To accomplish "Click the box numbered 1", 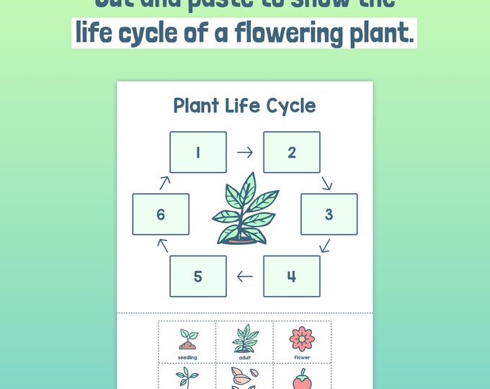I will [x=197, y=152].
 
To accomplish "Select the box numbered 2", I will [x=291, y=152].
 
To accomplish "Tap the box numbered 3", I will [x=329, y=214].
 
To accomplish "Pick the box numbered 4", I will [x=291, y=276].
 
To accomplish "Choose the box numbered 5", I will [x=197, y=276].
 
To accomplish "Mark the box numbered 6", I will [x=160, y=214].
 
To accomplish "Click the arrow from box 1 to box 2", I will [x=245, y=152].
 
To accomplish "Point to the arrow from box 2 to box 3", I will [x=326, y=183].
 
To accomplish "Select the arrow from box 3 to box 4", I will [x=324, y=246].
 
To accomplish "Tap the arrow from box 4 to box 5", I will [x=245, y=276].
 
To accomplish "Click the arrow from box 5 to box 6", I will [x=164, y=245].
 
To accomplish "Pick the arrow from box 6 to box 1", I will [x=164, y=183].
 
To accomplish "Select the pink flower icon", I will [x=302, y=337].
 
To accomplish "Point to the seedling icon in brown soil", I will [x=187, y=339].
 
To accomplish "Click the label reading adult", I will [x=244, y=357].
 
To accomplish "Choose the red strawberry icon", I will [x=302, y=380].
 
